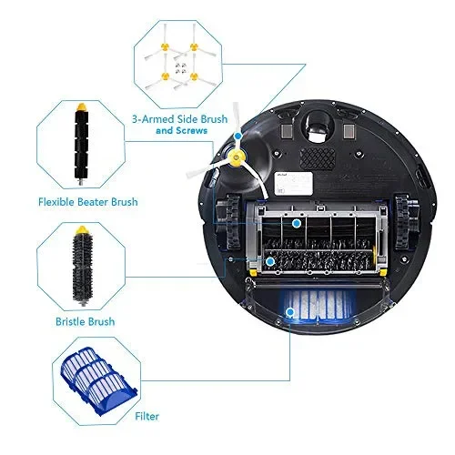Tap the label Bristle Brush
pos(86,322)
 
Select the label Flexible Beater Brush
pos(87,202)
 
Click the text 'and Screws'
pos(181,131)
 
